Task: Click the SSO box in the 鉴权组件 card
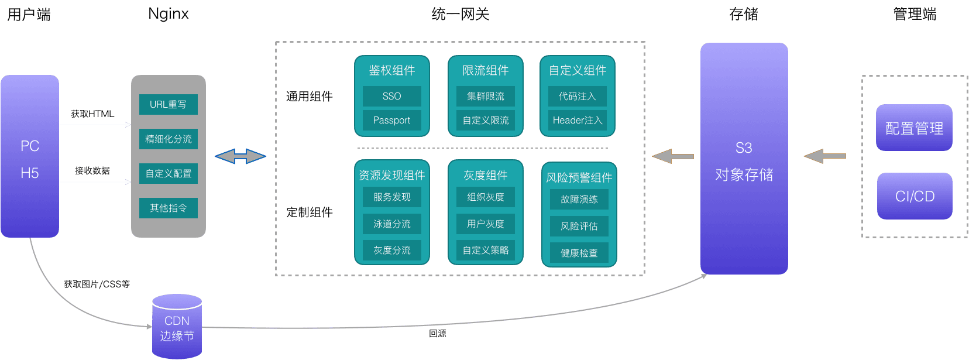(391, 96)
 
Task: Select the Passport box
(391, 120)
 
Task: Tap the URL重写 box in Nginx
(168, 104)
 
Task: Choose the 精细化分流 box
(168, 139)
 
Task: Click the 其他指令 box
(168, 208)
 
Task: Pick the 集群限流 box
(485, 96)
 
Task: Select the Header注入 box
(577, 120)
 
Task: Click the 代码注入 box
(577, 96)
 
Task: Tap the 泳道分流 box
(391, 224)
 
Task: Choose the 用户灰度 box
(485, 224)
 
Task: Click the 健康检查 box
(579, 253)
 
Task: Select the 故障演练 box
(579, 199)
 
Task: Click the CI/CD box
(915, 196)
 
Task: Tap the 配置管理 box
(914, 128)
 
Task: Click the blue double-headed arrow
(240, 156)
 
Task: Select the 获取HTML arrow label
(92, 114)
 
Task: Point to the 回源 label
(437, 334)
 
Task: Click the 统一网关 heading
(460, 14)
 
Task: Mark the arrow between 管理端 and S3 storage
(824, 156)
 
